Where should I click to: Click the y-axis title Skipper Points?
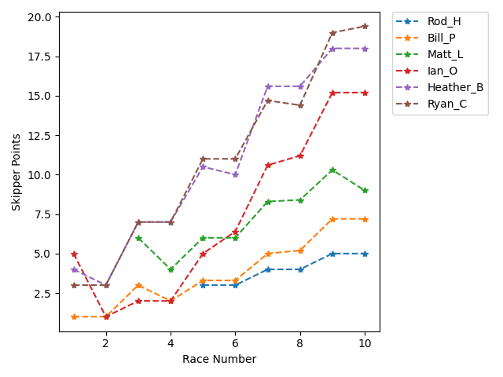click(x=16, y=172)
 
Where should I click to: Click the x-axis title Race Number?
click(x=219, y=359)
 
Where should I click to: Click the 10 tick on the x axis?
click(x=365, y=343)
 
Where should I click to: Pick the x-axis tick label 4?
click(x=171, y=343)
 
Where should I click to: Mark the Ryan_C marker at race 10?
click(x=365, y=26)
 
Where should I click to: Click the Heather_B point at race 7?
click(x=268, y=86)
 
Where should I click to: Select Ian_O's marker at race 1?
click(x=74, y=254)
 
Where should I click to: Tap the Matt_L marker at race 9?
click(x=332, y=170)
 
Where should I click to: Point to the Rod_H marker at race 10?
click(x=365, y=254)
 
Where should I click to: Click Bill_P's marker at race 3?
click(x=138, y=285)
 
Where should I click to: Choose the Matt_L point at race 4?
click(x=171, y=269)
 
